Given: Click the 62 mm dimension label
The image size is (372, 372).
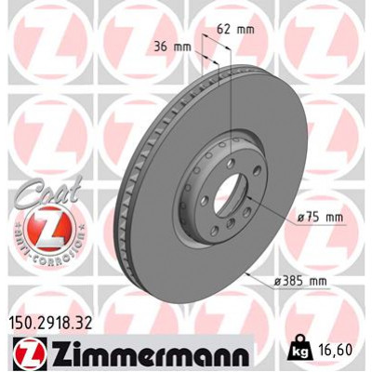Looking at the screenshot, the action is pos(235,30).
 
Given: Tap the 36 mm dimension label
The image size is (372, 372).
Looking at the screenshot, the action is pos(173,47).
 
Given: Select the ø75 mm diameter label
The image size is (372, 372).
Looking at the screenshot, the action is pos(320,218).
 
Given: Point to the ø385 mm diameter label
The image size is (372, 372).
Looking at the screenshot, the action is pos(300,282).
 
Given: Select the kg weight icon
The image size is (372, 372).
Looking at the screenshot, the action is pos(299,351).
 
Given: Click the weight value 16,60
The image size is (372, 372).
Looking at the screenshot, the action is pos(336,350).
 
